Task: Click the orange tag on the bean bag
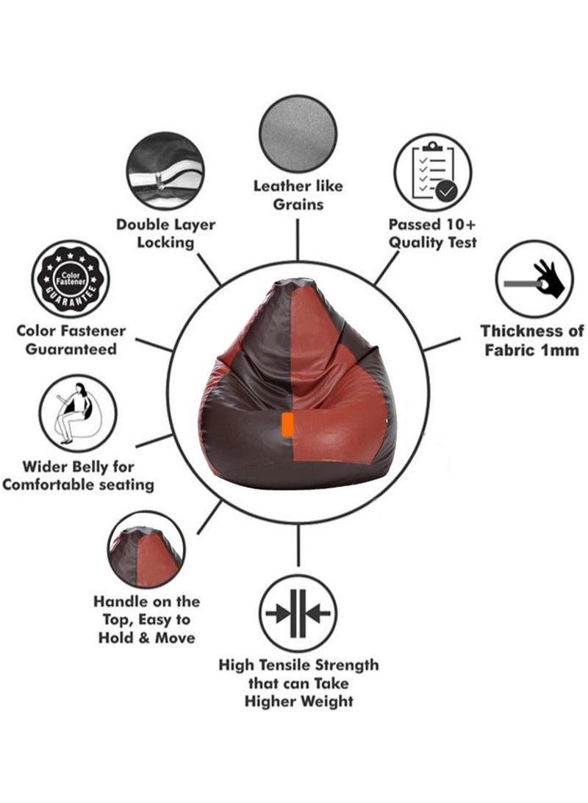[x=288, y=425]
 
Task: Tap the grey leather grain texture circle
[x=298, y=132]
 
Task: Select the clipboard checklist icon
[x=433, y=172]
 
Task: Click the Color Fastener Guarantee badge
[x=71, y=279]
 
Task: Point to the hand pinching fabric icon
[x=534, y=279]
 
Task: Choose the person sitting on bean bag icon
[x=78, y=413]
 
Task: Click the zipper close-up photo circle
[x=165, y=171]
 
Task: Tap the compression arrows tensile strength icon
[x=298, y=614]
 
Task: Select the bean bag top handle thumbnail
[x=146, y=550]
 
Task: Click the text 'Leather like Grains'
[x=298, y=194]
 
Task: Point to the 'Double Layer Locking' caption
[x=165, y=233]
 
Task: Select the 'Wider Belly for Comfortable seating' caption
[x=78, y=475]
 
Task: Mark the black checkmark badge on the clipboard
[x=446, y=191]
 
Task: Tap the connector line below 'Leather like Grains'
[x=298, y=240]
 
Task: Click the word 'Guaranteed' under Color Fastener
[x=71, y=350]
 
